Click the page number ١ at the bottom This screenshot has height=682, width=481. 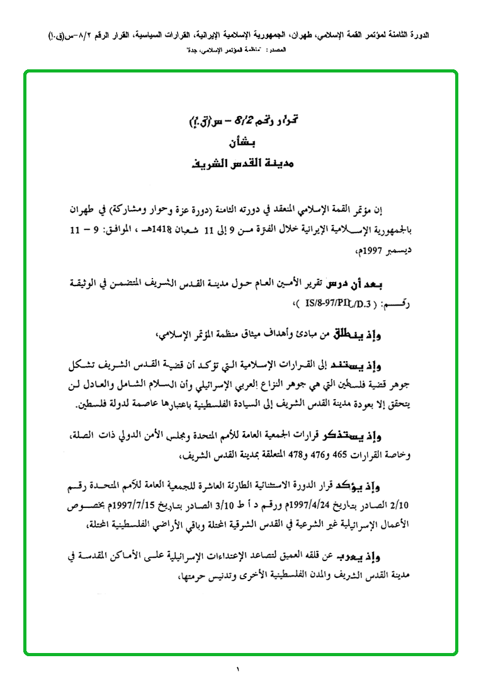coord(240,669)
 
